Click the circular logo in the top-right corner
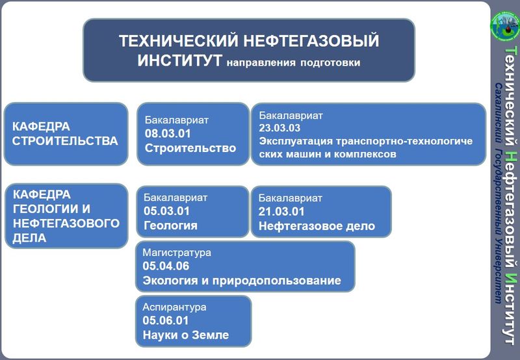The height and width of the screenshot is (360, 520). (x=506, y=26)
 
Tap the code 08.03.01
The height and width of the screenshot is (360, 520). (x=168, y=134)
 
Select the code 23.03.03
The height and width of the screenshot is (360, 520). (x=279, y=128)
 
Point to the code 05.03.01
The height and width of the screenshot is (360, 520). (x=166, y=211)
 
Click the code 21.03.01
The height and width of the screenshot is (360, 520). (x=281, y=211)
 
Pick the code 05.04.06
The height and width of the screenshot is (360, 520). (x=166, y=266)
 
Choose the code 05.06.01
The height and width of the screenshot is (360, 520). (x=166, y=320)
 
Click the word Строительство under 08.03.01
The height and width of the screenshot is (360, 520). (x=190, y=148)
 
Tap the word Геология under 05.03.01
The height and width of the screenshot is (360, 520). (x=170, y=225)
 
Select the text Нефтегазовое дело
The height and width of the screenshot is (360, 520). (x=317, y=226)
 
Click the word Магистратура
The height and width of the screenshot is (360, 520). (x=177, y=253)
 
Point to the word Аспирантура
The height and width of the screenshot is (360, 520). (x=174, y=307)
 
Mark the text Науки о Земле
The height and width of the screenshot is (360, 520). (x=186, y=335)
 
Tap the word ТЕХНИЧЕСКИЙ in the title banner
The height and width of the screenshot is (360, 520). (x=179, y=41)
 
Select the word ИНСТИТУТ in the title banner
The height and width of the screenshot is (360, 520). (x=180, y=60)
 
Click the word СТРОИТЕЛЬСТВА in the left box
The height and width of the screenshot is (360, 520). (x=65, y=140)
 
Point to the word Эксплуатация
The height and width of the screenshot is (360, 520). (x=296, y=142)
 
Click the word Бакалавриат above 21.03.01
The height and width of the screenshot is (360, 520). (x=291, y=198)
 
